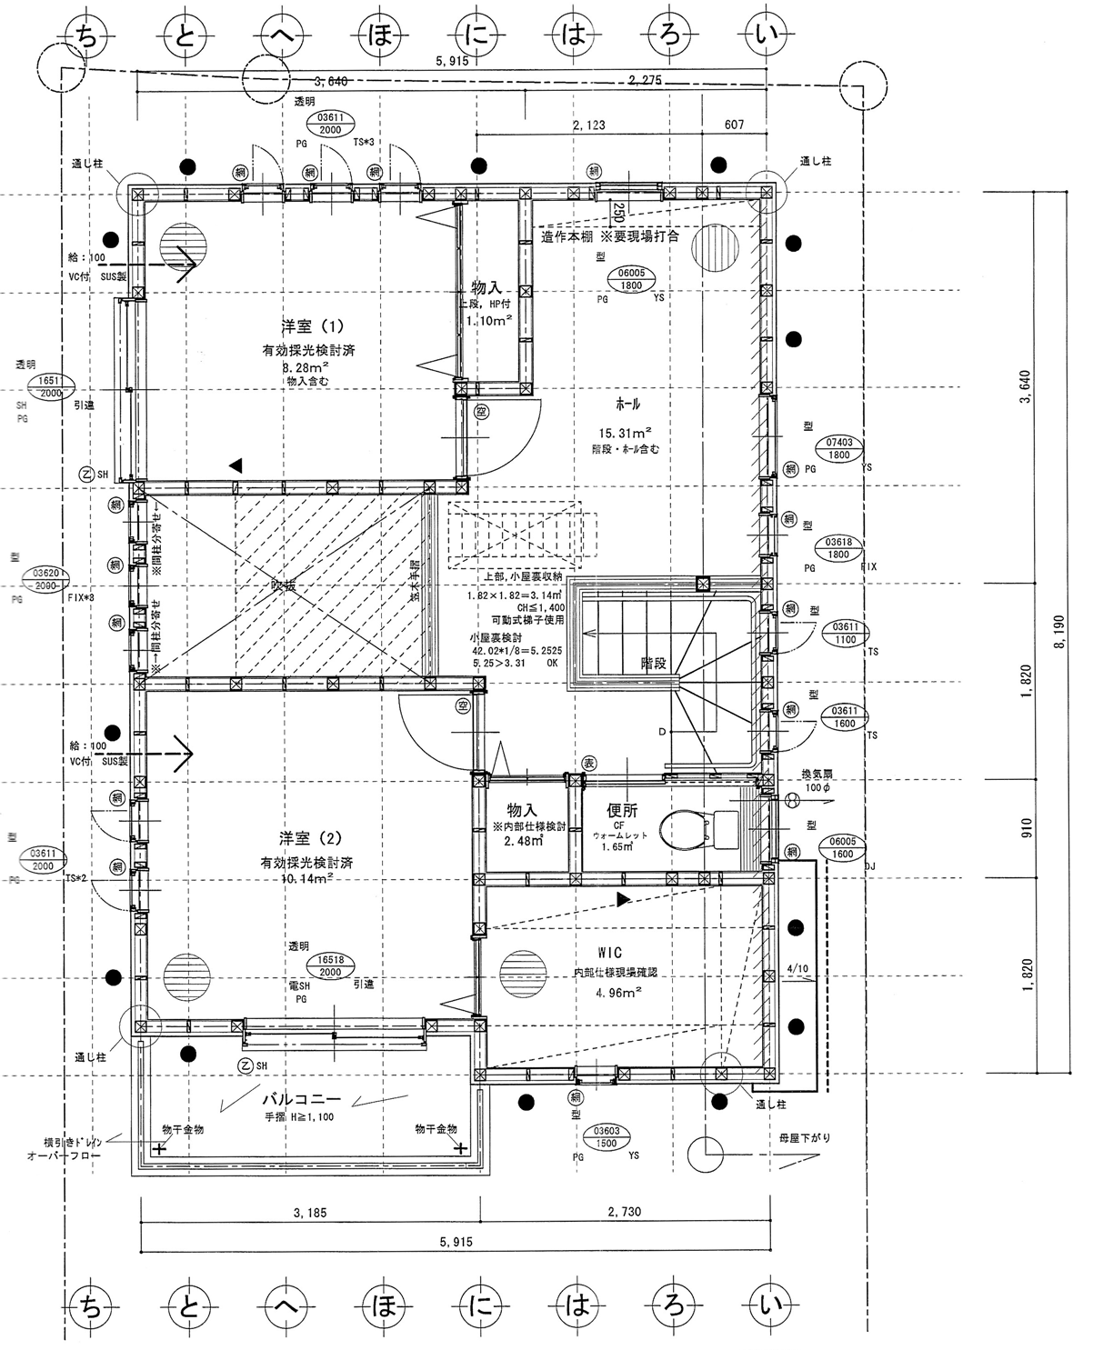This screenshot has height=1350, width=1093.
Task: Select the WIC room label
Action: click(x=609, y=953)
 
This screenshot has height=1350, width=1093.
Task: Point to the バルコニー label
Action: click(x=301, y=1096)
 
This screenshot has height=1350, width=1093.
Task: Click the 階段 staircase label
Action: click(x=653, y=664)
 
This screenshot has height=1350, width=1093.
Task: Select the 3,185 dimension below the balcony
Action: click(x=309, y=1213)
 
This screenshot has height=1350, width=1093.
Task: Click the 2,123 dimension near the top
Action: click(x=588, y=125)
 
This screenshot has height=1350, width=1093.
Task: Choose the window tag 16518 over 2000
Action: click(x=330, y=965)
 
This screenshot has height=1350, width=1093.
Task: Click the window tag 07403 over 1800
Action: click(x=838, y=449)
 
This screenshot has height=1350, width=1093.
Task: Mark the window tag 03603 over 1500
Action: click(x=607, y=1137)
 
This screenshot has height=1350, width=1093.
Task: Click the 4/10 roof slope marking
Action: click(x=797, y=969)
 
